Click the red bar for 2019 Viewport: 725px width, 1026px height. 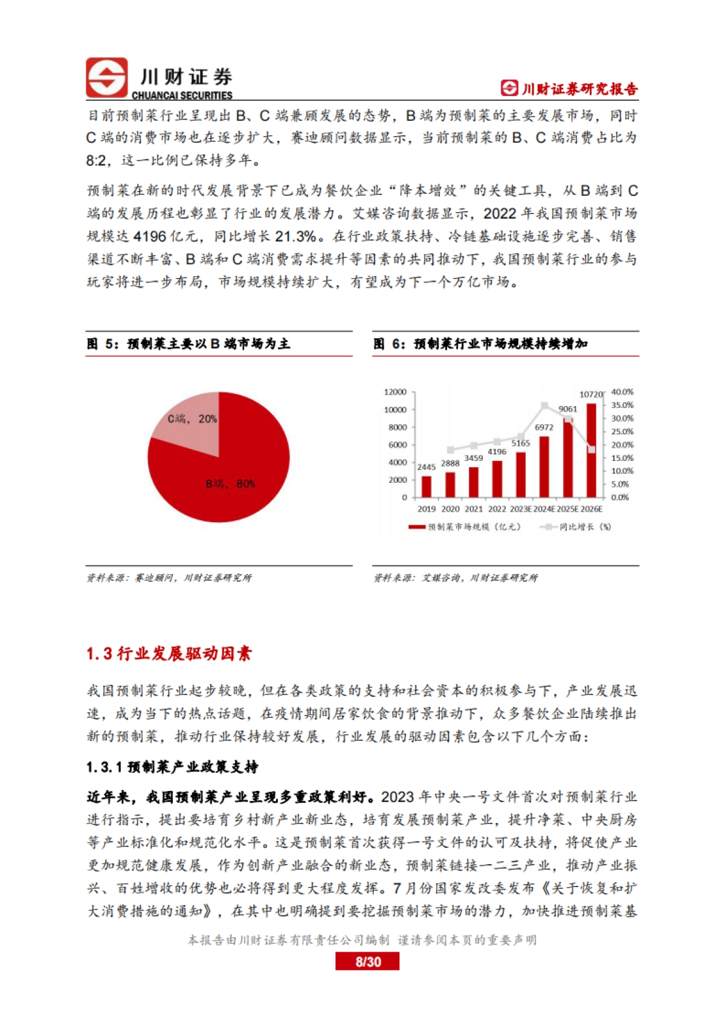427,486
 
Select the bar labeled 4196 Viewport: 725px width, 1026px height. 497,479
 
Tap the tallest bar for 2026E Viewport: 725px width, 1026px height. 591,450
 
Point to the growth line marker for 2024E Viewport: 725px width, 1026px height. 544,405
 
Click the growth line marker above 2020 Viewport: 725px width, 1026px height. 450,450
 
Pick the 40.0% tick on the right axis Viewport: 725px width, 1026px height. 622,392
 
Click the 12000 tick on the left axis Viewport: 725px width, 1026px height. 395,392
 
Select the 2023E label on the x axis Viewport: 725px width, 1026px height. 520,509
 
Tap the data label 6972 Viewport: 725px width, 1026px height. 544,428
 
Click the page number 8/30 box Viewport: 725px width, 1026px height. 367,961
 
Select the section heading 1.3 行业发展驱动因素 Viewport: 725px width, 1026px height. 169,654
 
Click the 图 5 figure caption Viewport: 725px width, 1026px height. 188,344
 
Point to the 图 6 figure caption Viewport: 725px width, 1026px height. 480,344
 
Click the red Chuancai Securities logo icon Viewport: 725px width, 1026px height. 106,77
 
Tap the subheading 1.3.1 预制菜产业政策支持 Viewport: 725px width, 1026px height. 172,767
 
